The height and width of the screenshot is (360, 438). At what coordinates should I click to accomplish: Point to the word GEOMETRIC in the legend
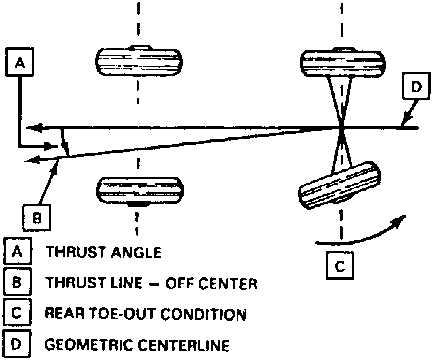[x=88, y=345]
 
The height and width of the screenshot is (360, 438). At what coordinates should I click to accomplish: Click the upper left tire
[x=139, y=61]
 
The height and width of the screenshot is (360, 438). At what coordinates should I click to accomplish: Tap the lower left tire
[x=140, y=191]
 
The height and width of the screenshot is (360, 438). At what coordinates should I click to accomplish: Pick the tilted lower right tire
[x=339, y=185]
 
